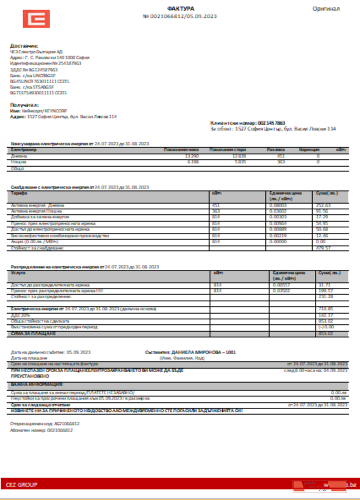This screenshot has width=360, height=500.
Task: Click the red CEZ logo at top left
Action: coord(35,19)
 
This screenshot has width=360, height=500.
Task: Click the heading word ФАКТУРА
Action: coord(180,8)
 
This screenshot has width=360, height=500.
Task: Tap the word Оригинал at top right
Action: coord(326,8)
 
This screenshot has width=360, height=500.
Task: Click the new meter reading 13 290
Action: coord(191,156)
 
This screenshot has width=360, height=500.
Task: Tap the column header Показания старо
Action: coord(227,149)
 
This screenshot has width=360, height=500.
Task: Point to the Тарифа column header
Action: coord(19,192)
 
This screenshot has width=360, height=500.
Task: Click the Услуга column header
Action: coord(18,273)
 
